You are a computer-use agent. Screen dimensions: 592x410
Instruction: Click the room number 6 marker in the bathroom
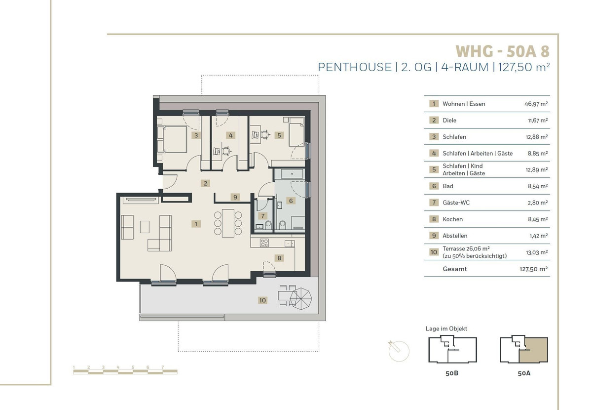pyautogui.click(x=291, y=201)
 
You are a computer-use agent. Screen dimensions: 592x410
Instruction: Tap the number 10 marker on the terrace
pyautogui.click(x=262, y=300)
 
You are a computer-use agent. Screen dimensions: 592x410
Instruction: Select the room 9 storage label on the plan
pyautogui.click(x=235, y=197)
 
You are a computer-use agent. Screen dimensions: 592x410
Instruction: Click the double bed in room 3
pyautogui.click(x=172, y=139)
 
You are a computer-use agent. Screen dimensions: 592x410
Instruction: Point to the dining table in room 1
pyautogui.click(x=228, y=223)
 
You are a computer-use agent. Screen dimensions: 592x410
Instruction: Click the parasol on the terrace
pyautogui.click(x=301, y=298)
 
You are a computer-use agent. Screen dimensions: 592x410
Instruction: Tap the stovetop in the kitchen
pyautogui.click(x=264, y=243)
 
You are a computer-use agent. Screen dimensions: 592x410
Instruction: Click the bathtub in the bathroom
pyautogui.click(x=292, y=174)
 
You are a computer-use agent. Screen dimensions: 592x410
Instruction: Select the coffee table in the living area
pyautogui.click(x=145, y=227)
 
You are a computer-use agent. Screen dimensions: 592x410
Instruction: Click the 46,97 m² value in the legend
pyautogui.click(x=536, y=104)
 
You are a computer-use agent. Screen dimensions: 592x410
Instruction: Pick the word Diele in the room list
pyautogui.click(x=449, y=121)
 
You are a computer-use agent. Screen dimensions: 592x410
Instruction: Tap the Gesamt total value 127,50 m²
pyautogui.click(x=534, y=269)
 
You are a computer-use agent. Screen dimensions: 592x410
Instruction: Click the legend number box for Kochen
pyautogui.click(x=434, y=219)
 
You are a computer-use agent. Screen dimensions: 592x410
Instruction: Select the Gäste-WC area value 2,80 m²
pyautogui.click(x=538, y=203)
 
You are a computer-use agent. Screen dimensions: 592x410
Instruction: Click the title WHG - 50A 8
pyautogui.click(x=502, y=51)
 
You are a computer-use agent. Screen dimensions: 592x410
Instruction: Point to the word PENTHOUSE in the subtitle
pyautogui.click(x=355, y=67)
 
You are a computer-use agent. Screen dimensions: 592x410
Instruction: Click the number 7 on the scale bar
pyautogui.click(x=163, y=367)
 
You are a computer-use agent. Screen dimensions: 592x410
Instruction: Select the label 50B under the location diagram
pyautogui.click(x=452, y=373)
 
